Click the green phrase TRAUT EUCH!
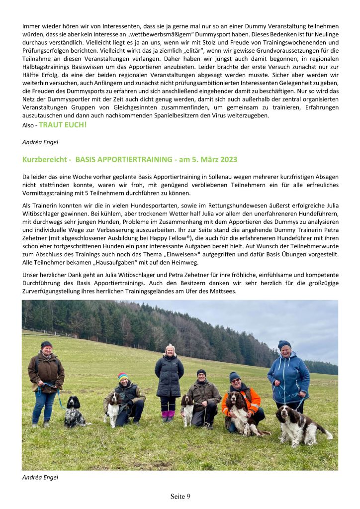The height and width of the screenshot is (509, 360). [63, 125]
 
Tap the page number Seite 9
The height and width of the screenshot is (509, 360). [180, 496]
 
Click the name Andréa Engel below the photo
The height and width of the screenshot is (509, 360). [40, 477]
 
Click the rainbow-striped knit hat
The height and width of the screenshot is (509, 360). [123, 377]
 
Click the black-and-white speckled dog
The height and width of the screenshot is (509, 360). [75, 412]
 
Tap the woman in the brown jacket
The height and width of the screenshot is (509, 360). [46, 378]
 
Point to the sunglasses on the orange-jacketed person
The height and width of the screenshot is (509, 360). [235, 381]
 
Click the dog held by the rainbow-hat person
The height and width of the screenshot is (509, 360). [113, 408]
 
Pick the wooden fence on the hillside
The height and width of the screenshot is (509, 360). [45, 333]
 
